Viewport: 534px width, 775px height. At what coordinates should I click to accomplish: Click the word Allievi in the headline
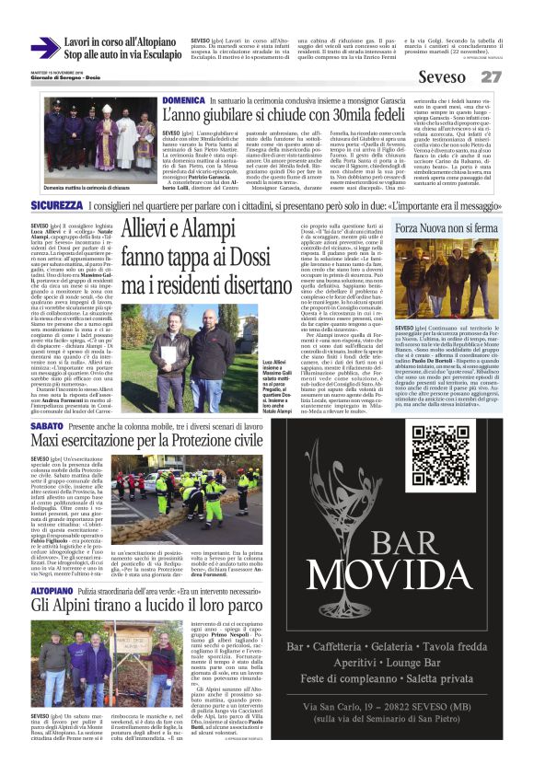coord(153,231)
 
